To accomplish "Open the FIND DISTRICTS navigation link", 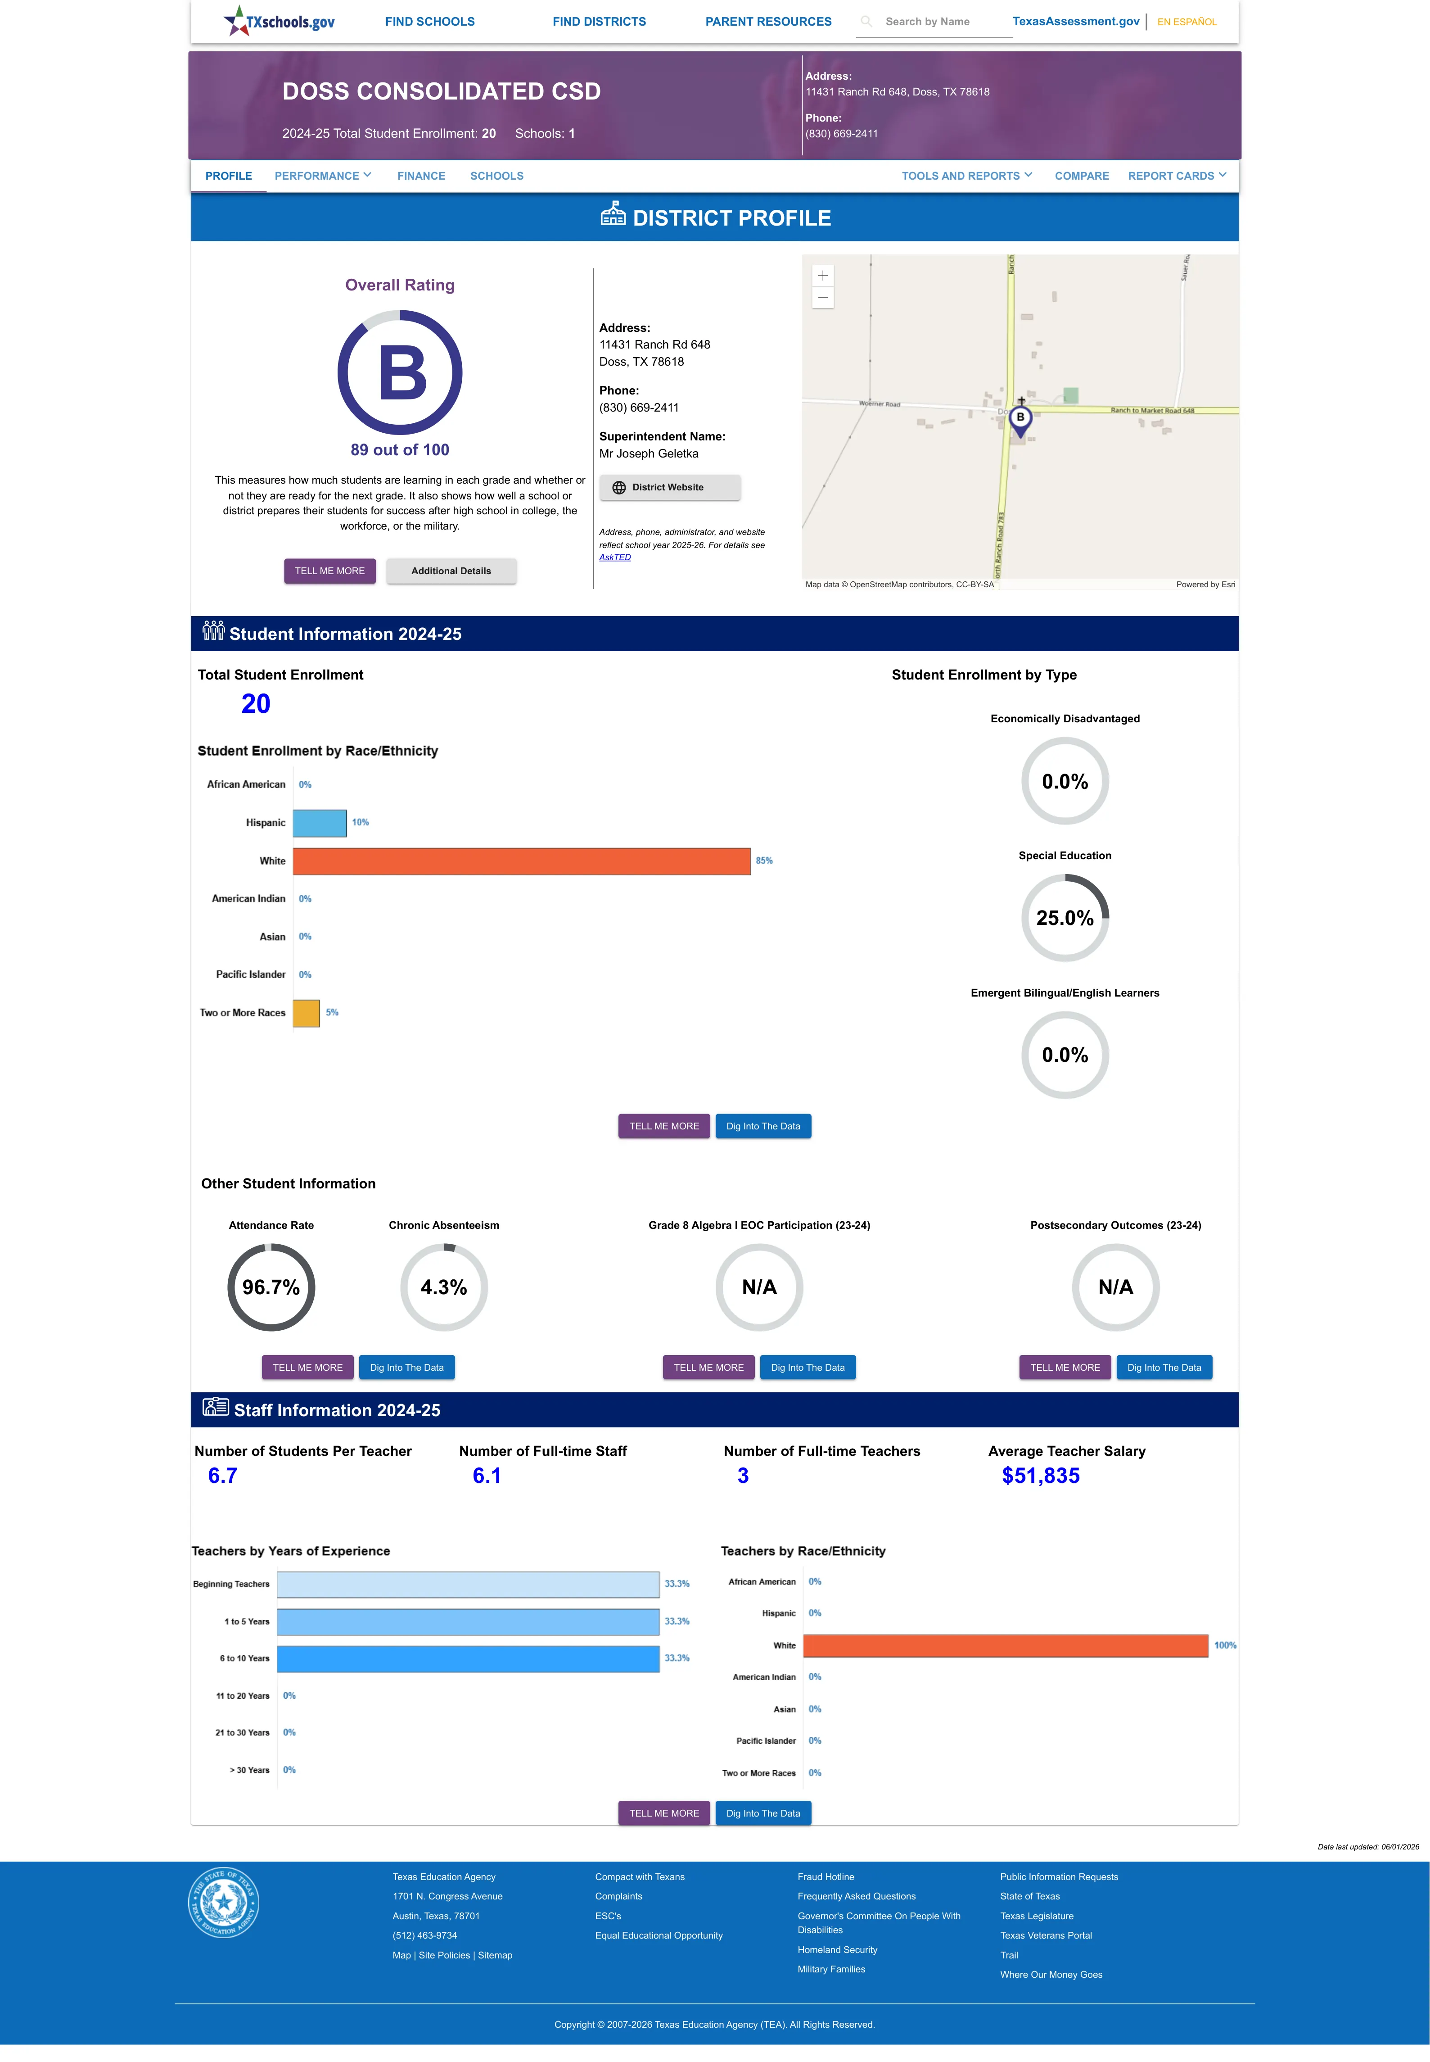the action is pos(599,22).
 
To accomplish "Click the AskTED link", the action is pos(615,557).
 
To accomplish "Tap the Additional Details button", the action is pos(451,571).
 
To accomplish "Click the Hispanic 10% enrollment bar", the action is pos(320,823).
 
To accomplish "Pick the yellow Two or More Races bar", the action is pos(307,1013).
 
